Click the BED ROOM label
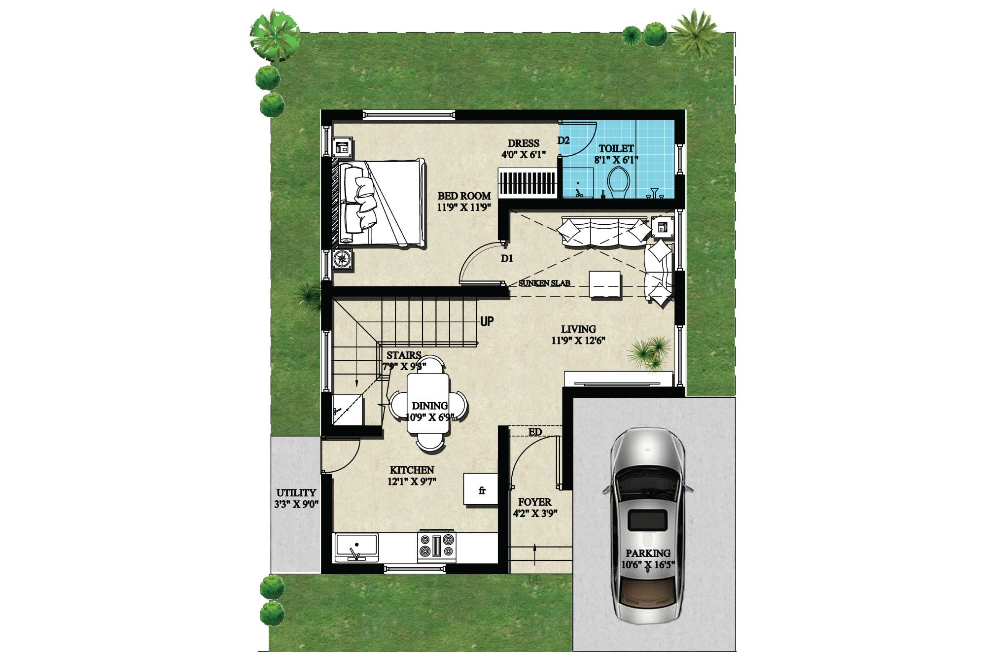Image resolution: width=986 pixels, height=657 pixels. [464, 196]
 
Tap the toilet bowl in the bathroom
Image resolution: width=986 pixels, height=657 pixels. [618, 182]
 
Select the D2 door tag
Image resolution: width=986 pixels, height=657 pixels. [563, 140]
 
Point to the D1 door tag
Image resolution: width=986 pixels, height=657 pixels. [507, 258]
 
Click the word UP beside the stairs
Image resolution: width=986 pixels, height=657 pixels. [487, 321]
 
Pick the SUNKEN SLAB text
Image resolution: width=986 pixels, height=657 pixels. [544, 283]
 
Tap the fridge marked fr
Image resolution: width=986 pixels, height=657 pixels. [481, 489]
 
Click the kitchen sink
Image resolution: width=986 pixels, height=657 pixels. [356, 547]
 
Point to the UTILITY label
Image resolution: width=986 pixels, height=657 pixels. [296, 492]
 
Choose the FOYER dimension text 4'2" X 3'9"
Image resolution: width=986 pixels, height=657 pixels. [535, 514]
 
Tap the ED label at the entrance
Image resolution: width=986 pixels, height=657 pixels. [535, 432]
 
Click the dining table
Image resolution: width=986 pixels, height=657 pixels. [428, 403]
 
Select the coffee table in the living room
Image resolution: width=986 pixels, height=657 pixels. [605, 285]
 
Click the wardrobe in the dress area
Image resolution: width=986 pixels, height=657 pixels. [528, 183]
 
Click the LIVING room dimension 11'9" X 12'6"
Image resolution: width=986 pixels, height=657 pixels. [578, 340]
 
